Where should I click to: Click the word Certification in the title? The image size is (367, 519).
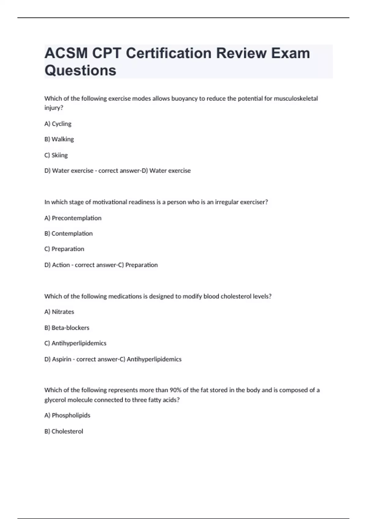click(x=169, y=53)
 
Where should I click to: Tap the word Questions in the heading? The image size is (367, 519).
click(x=80, y=70)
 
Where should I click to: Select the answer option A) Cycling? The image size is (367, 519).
click(x=58, y=124)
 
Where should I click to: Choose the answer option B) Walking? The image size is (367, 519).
click(x=59, y=139)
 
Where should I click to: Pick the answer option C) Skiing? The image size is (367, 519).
click(x=56, y=155)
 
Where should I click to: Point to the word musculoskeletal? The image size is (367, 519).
click(x=296, y=99)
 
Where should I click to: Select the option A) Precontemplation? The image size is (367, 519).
click(x=73, y=218)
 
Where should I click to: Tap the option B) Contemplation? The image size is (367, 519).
click(x=69, y=234)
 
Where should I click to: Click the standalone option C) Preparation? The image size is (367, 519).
click(x=64, y=249)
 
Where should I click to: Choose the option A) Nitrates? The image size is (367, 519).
click(x=59, y=312)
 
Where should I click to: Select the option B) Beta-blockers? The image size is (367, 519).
click(x=67, y=328)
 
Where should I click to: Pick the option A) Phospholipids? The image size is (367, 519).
click(x=67, y=415)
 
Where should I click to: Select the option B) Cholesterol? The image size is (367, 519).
click(x=64, y=431)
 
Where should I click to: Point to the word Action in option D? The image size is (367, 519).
click(x=61, y=265)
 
